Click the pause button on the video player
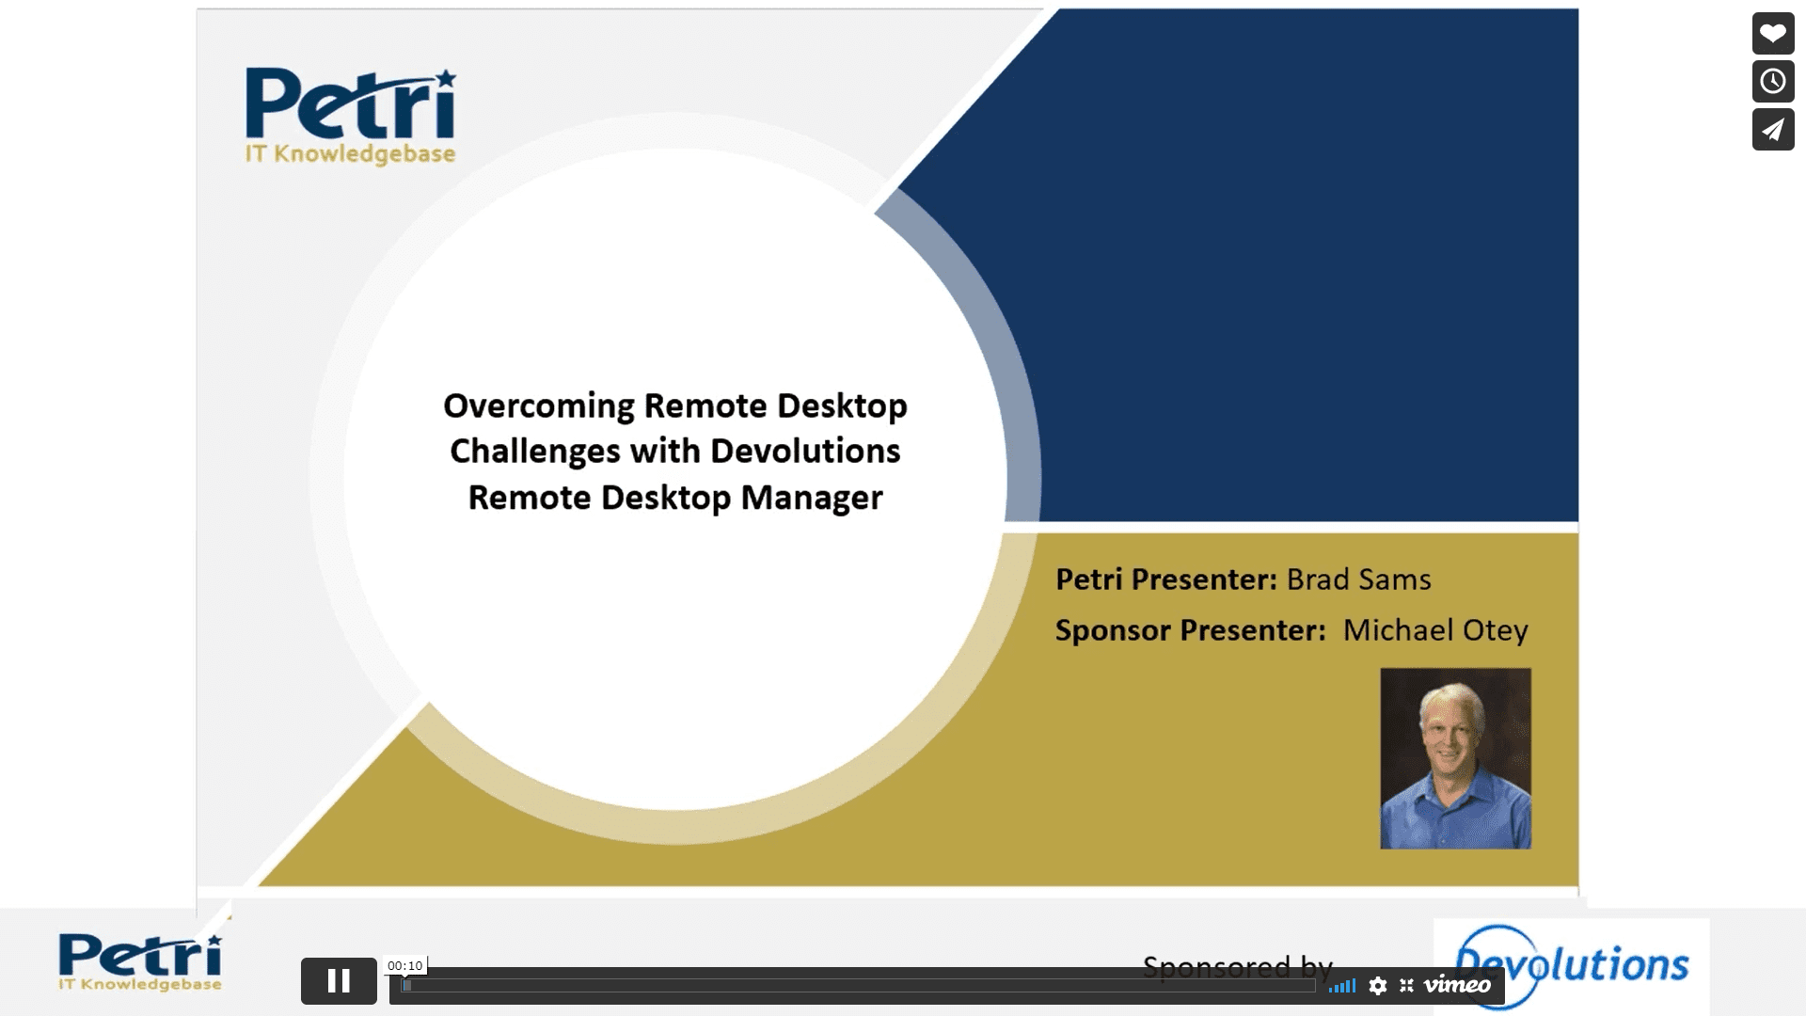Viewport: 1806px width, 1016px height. pyautogui.click(x=339, y=981)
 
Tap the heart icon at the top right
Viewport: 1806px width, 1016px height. pyautogui.click(x=1773, y=34)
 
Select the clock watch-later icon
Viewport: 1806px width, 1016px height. pyautogui.click(x=1773, y=82)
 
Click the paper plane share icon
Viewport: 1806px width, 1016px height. pyautogui.click(x=1773, y=130)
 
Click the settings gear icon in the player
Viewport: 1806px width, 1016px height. pyautogui.click(x=1378, y=986)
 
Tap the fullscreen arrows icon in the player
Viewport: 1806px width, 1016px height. pyautogui.click(x=1406, y=986)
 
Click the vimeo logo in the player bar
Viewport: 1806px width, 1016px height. pyautogui.click(x=1457, y=985)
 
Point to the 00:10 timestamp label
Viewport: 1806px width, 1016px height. pyautogui.click(x=404, y=966)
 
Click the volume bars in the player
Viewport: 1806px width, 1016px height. pyautogui.click(x=1342, y=986)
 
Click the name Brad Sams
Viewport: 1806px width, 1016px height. pyautogui.click(x=1358, y=579)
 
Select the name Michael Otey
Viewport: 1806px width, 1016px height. pyautogui.click(x=1434, y=630)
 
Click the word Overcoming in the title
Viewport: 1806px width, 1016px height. pyautogui.click(x=539, y=406)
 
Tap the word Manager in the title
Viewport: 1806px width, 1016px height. pyautogui.click(x=812, y=498)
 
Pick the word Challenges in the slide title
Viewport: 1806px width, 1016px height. pyautogui.click(x=535, y=452)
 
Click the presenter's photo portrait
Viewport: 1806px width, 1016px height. pyautogui.click(x=1455, y=758)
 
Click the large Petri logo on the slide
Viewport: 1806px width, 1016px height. pyautogui.click(x=350, y=116)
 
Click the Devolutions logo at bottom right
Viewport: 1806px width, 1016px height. pyautogui.click(x=1571, y=965)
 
